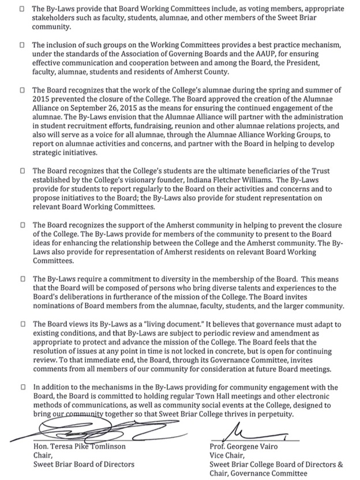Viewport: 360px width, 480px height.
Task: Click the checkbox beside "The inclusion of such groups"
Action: (x=21, y=45)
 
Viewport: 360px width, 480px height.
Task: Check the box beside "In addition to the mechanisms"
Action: (x=21, y=388)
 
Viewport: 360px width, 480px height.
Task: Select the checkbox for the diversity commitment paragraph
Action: (x=21, y=279)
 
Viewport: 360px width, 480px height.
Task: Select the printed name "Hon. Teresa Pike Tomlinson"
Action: (x=81, y=446)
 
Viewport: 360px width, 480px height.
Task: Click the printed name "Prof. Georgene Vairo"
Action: (x=248, y=446)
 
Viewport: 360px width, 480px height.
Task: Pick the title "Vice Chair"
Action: (x=227, y=455)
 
